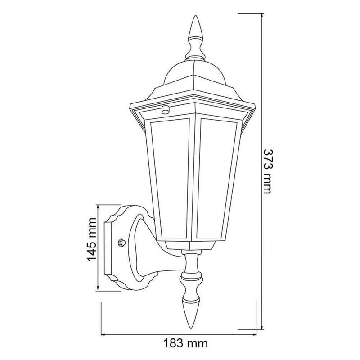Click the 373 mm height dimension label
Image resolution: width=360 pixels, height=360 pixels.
coord(266,171)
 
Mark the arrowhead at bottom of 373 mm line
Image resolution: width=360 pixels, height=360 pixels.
coord(262,328)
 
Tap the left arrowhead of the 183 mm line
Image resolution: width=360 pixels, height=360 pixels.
coord(103,335)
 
